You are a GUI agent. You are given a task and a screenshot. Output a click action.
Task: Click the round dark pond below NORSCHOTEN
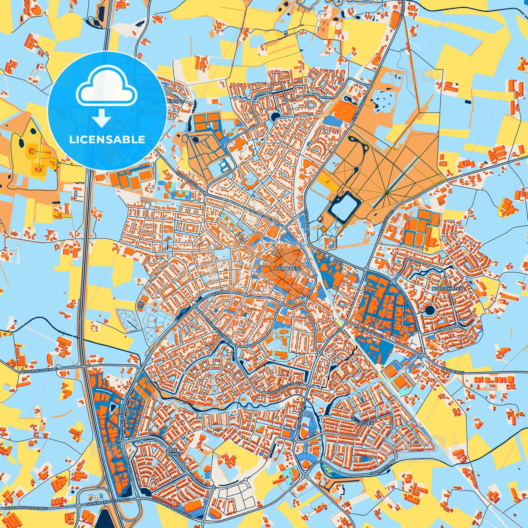430,310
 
